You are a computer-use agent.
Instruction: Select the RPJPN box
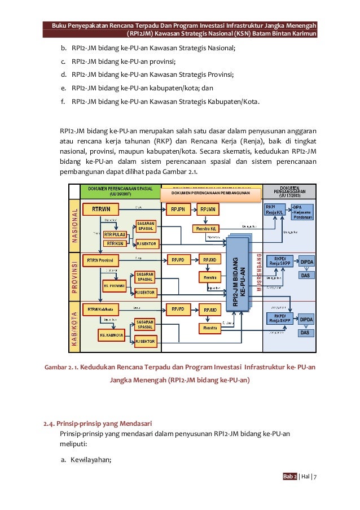click(178, 209)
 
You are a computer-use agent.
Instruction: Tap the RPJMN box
click(210, 209)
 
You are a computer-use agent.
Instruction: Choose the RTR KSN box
click(114, 243)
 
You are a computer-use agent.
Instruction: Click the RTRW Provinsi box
click(100, 260)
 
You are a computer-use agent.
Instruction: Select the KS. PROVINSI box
click(114, 286)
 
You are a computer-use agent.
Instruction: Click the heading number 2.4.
click(51, 424)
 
